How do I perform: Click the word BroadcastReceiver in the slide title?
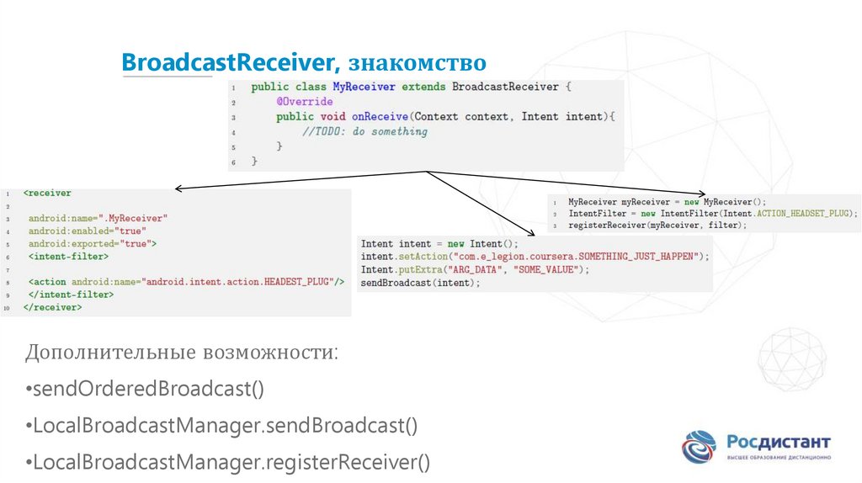point(228,64)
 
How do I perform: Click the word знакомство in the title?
point(417,64)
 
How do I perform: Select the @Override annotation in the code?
point(304,102)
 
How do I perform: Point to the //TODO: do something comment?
point(364,131)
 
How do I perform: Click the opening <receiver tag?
point(47,193)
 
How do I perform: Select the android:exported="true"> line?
point(93,243)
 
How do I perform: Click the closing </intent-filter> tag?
point(71,295)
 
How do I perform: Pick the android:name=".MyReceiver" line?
point(98,218)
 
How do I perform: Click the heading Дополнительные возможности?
point(182,351)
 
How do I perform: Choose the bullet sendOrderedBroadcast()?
point(145,389)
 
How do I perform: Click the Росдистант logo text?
point(778,442)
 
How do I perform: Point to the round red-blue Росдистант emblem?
point(700,447)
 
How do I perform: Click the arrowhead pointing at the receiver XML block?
point(178,188)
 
